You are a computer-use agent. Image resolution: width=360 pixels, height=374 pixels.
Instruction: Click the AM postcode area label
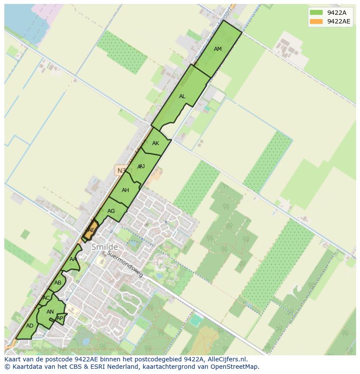pos(218,49)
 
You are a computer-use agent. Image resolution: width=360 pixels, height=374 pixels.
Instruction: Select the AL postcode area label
pos(182,96)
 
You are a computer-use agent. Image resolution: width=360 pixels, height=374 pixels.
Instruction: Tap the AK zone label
pos(156,143)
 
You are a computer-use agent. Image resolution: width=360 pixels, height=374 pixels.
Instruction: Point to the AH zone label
pos(125,190)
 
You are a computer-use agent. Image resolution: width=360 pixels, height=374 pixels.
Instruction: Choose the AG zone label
pos(111,211)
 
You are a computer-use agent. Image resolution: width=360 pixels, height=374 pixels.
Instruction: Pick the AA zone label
pos(73,259)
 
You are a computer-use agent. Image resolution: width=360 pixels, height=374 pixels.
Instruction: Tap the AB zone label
pos(58,283)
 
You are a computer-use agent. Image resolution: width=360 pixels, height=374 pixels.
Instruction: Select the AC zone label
pos(46,298)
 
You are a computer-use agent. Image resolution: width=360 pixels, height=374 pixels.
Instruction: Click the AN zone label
pos(50,312)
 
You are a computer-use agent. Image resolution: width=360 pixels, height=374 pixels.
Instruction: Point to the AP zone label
pos(60,318)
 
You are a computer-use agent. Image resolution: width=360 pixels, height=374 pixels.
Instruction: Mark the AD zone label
pos(30,326)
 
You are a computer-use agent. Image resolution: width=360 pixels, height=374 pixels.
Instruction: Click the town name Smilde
pos(104,247)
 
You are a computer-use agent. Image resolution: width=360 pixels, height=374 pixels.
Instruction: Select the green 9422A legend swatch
pos(316,13)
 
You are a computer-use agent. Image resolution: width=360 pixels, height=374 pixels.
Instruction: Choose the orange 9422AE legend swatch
pos(316,21)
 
